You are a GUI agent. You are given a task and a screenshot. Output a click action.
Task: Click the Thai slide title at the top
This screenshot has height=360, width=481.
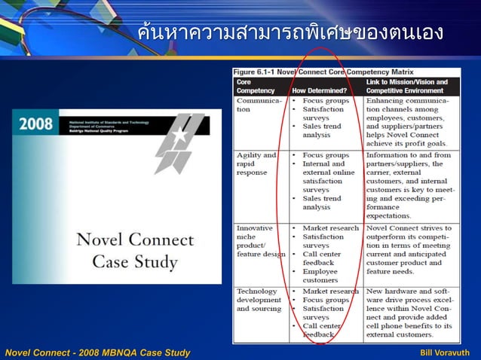(290, 33)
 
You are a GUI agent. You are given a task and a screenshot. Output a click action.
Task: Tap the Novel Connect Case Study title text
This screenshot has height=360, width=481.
(135, 252)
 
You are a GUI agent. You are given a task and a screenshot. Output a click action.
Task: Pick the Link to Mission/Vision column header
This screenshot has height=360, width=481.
(407, 85)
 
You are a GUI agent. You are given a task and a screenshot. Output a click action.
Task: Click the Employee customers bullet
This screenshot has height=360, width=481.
(320, 276)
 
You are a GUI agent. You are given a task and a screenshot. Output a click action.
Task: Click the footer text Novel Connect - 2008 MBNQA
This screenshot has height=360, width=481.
(97, 352)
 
